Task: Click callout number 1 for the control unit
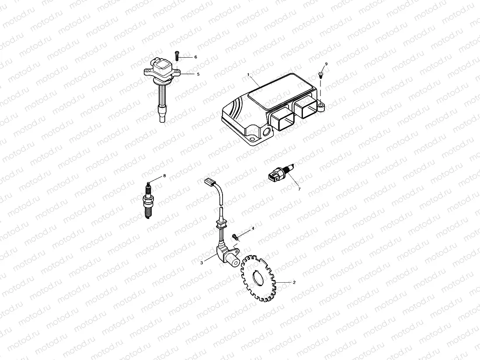click(248, 75)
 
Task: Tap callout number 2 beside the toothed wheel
click(294, 282)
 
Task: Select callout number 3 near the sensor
click(202, 263)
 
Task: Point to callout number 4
click(252, 228)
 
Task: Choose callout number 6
click(195, 57)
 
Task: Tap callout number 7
click(299, 189)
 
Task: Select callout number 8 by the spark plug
click(164, 176)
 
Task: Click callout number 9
click(326, 64)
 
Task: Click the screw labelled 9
click(320, 75)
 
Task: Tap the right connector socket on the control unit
click(305, 107)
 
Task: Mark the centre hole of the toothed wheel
click(257, 278)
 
